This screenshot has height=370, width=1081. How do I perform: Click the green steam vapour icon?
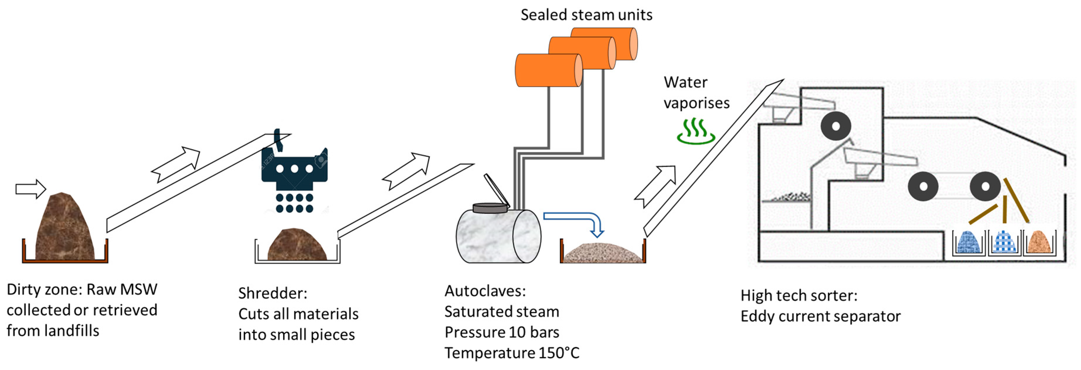(x=696, y=131)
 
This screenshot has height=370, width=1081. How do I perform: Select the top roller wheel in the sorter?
(x=835, y=126)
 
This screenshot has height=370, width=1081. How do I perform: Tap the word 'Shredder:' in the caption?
(x=273, y=293)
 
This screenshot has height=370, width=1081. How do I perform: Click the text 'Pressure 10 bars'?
(x=502, y=332)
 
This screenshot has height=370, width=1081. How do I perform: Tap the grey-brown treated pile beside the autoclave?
(x=603, y=253)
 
